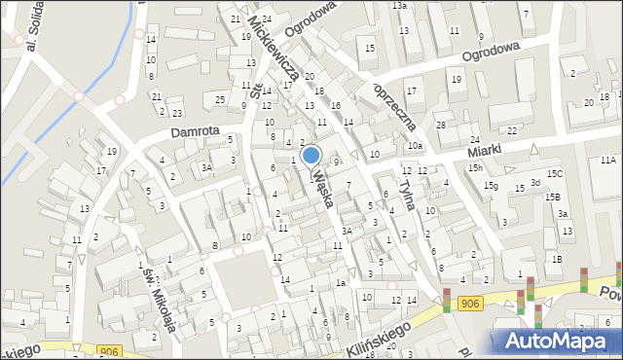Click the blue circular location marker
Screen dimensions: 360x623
coord(311,156)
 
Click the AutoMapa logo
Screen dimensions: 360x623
coord(555,341)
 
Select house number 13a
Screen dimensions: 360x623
coord(399,6)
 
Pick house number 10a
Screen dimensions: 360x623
coord(416,146)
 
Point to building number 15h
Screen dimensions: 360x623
coord(475,168)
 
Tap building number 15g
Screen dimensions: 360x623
coord(492,186)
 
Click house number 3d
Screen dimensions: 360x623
coord(534,183)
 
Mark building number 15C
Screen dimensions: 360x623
coord(555,173)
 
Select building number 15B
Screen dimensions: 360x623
coord(552,197)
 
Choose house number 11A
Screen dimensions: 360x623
coord(608,160)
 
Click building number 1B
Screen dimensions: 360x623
coord(557,259)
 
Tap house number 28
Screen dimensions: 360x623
coord(440,125)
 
